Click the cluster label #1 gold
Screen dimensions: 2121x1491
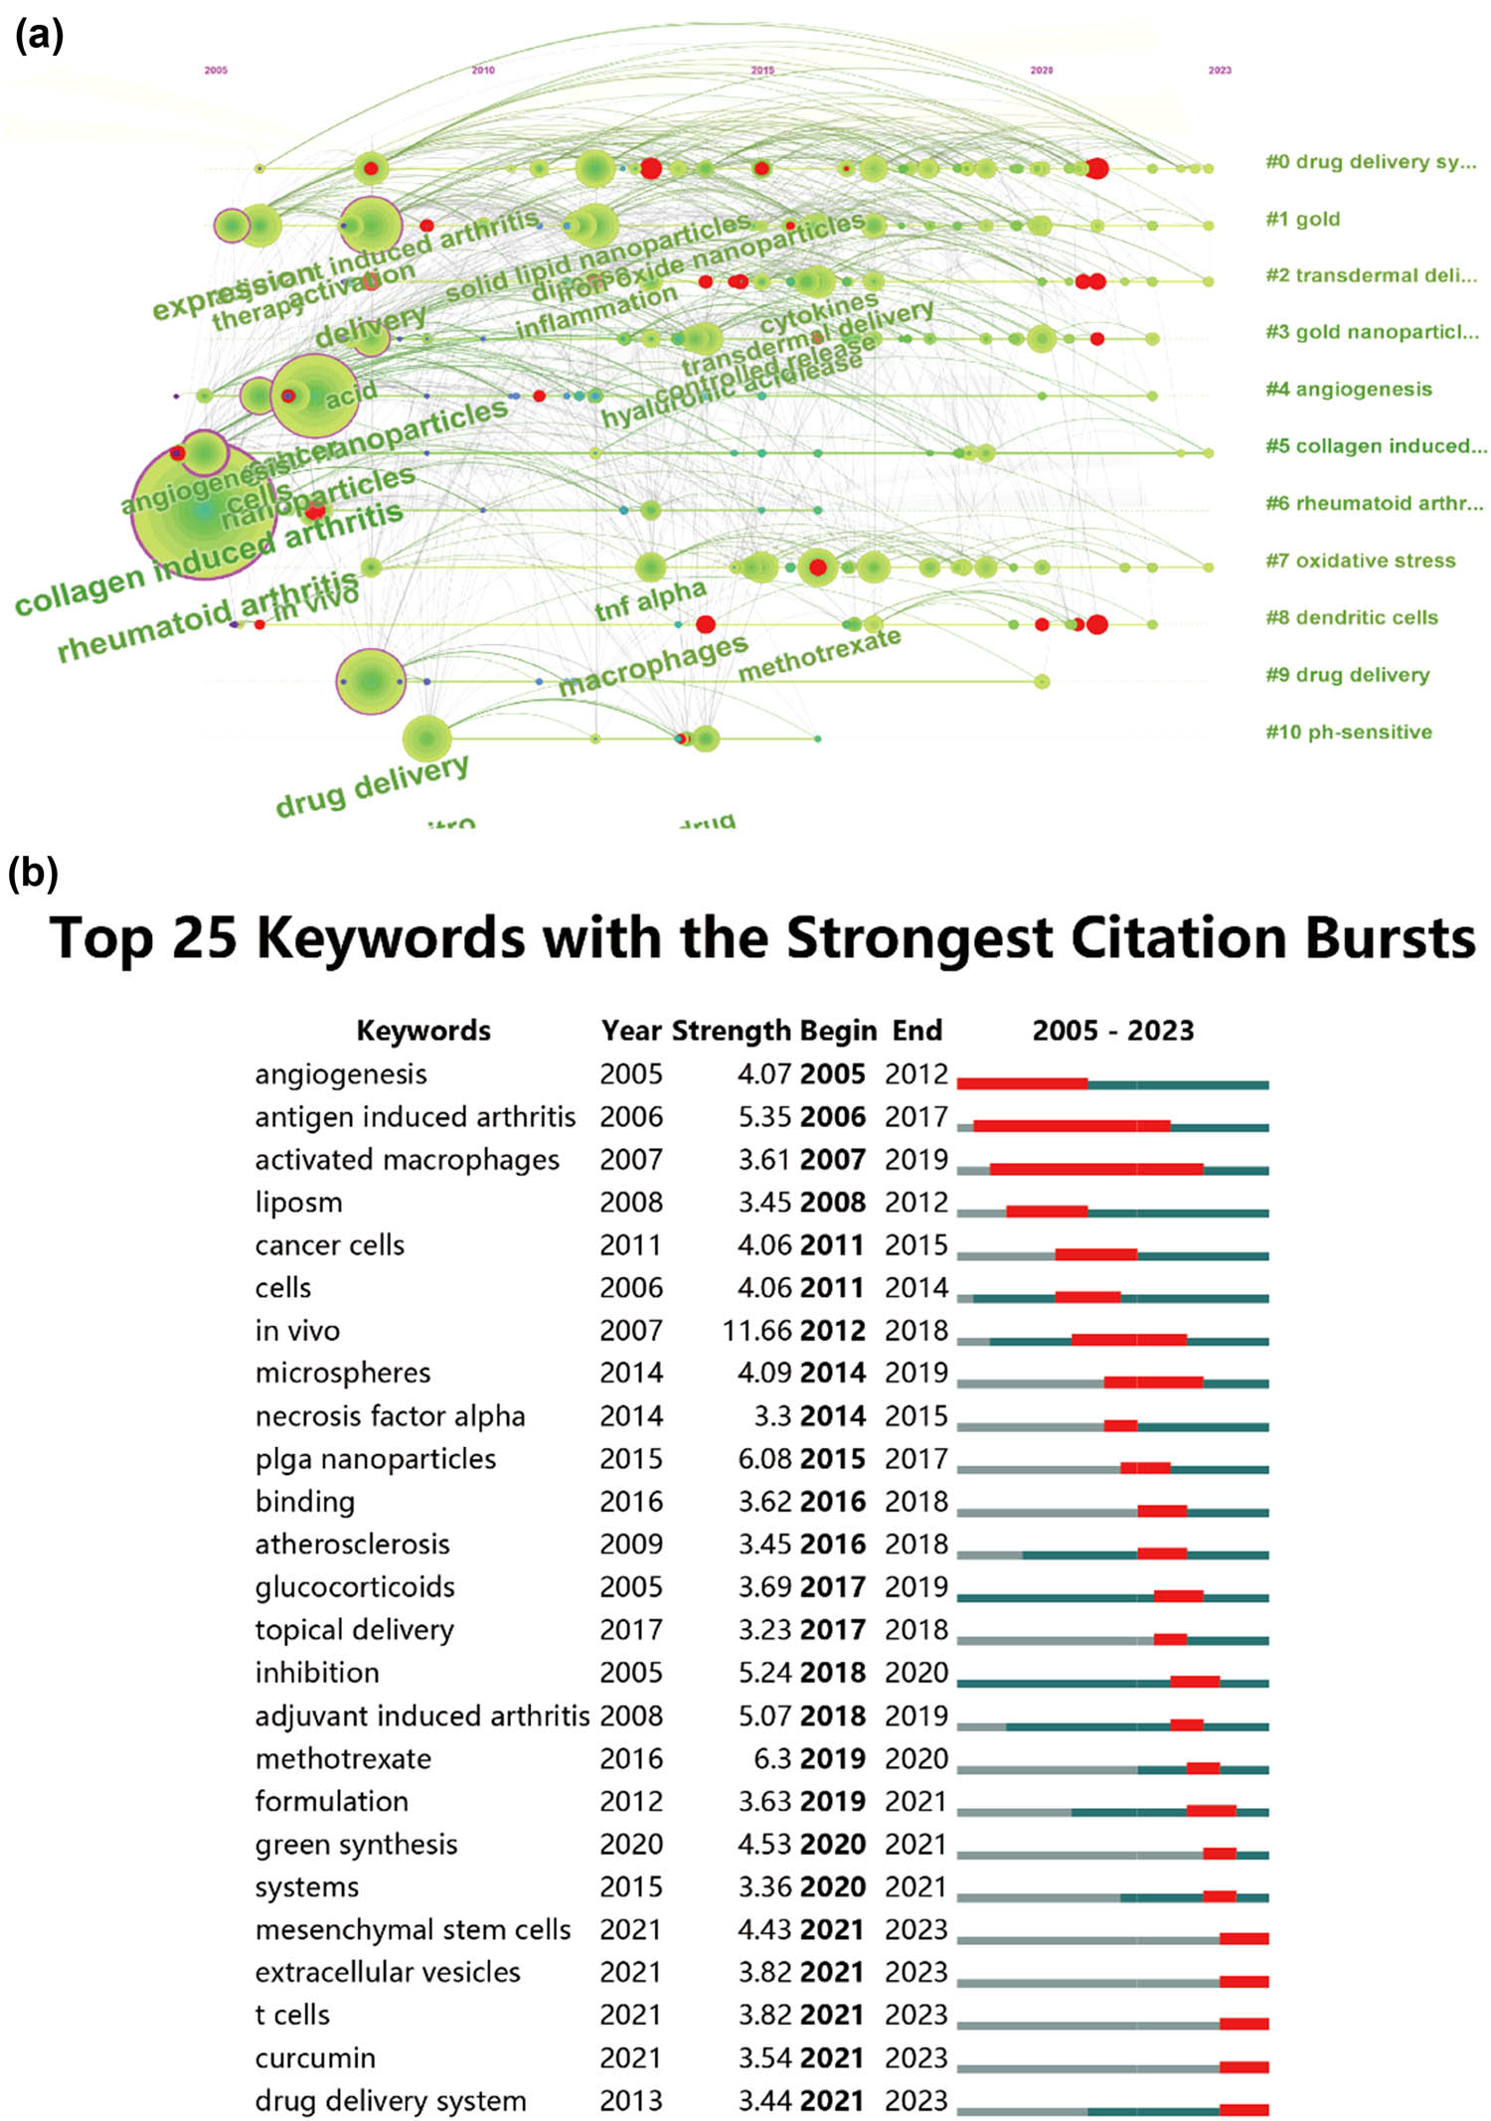click(x=1302, y=220)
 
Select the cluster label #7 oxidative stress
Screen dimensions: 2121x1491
click(x=1360, y=561)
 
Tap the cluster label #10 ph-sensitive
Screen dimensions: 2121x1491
click(x=1348, y=733)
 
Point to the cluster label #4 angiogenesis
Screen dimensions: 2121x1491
click(x=1348, y=390)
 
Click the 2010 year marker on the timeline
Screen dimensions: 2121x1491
click(x=483, y=71)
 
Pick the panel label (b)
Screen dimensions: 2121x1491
click(x=33, y=873)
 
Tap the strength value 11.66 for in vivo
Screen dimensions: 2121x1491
click(x=757, y=1331)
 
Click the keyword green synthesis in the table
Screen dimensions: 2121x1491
click(x=356, y=1845)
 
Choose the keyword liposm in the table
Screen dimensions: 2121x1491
click(x=298, y=1203)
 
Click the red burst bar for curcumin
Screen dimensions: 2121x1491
click(x=1243, y=2066)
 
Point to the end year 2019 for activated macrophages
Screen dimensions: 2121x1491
click(x=916, y=1160)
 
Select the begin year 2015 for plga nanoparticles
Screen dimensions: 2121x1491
click(x=833, y=1459)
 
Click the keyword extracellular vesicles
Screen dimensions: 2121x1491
click(x=388, y=1973)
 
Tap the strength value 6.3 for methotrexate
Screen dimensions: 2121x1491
click(x=772, y=1759)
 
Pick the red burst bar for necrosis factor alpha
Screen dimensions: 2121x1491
click(x=1120, y=1425)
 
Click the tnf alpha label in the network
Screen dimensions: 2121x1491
click(x=650, y=599)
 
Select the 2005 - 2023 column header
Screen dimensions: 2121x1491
click(x=1112, y=1031)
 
